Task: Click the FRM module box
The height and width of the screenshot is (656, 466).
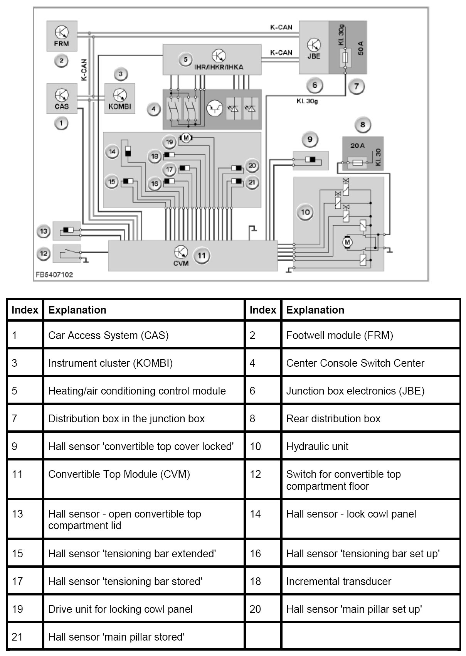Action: point(62,36)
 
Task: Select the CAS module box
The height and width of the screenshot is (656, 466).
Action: point(62,99)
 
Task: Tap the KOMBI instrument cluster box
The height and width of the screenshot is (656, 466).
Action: point(120,99)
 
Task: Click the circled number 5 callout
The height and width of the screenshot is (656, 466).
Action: point(185,59)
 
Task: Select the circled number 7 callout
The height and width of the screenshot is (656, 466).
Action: point(356,86)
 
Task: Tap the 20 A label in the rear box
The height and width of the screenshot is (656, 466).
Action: point(358,146)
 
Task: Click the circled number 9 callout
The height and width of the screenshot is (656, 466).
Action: point(310,140)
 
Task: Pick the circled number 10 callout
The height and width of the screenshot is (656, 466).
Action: point(305,212)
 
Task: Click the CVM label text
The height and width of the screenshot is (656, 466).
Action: point(181,263)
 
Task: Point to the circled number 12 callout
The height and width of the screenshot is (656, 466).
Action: point(44,254)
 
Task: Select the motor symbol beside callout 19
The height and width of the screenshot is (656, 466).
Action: point(186,138)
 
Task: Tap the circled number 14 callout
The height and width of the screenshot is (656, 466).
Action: point(112,152)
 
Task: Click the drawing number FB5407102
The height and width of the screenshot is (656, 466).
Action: point(54,275)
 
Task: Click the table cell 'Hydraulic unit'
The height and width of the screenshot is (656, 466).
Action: point(317,446)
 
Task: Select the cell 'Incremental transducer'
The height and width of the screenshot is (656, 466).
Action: point(338,581)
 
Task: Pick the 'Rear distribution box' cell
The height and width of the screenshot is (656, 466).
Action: point(333,418)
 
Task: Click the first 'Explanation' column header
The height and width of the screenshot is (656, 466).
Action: point(77,310)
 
